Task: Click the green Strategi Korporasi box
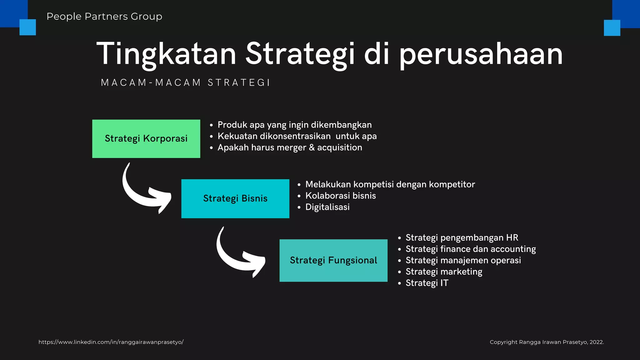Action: [x=146, y=138]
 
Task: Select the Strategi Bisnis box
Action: [x=235, y=198]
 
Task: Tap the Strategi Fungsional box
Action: [x=333, y=260]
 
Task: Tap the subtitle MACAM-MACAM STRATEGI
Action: [x=186, y=82]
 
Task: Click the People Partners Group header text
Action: [x=104, y=16]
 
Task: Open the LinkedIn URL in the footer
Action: [x=111, y=342]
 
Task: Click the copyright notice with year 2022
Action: [x=547, y=342]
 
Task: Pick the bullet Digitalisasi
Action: [x=327, y=207]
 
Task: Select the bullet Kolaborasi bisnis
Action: [x=340, y=196]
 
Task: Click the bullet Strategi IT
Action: [x=427, y=283]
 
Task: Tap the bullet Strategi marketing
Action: [x=444, y=272]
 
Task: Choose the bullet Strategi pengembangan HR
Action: [x=462, y=237]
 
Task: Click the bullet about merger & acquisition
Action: [x=290, y=147]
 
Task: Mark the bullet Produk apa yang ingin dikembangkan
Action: [x=294, y=125]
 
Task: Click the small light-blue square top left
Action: [x=27, y=27]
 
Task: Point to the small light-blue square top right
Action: [x=612, y=28]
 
